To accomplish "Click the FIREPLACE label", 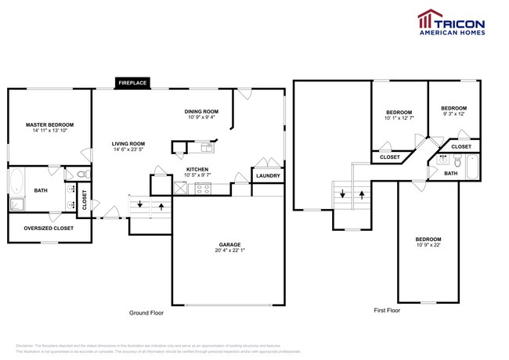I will coord(132,82).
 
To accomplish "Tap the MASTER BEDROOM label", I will coord(49,125).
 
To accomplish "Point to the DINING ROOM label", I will coord(201,111).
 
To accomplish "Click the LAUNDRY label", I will coord(268,175).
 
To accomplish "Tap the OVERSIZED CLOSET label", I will coord(49,229).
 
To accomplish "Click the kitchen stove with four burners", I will coord(201,188).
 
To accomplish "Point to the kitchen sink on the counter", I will coord(207,145).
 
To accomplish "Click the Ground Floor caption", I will coord(146,312).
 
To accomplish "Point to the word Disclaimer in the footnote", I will coord(25,344).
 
